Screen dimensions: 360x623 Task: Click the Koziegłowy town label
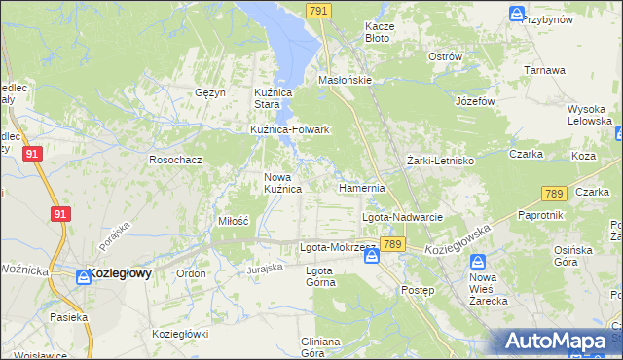(x=120, y=274)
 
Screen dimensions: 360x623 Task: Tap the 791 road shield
(x=317, y=10)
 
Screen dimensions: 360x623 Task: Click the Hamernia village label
(x=362, y=187)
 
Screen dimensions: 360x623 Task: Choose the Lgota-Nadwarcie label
(x=403, y=217)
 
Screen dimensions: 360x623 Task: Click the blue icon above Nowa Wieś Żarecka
(x=478, y=263)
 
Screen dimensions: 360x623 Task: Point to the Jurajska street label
(x=264, y=268)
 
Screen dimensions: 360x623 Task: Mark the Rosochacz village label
(x=174, y=159)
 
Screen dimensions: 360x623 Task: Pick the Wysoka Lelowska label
(x=587, y=116)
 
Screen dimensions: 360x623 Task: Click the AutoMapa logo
(x=561, y=341)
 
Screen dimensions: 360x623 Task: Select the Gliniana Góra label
(x=320, y=347)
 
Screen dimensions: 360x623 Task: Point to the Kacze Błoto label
(x=377, y=32)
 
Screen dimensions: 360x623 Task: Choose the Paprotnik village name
(x=541, y=214)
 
